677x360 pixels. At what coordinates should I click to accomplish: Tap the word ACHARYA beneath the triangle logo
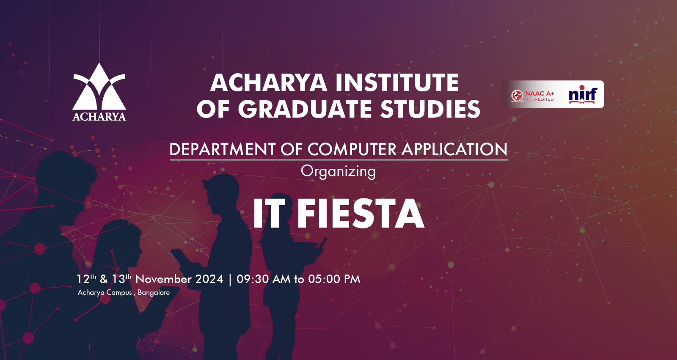99,117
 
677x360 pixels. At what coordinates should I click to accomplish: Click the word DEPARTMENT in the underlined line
223,149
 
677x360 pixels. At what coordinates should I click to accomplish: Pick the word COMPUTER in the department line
352,149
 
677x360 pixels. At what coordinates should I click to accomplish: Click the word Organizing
338,172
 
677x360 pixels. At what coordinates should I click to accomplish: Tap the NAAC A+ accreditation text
539,96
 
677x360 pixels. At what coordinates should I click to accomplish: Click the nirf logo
583,95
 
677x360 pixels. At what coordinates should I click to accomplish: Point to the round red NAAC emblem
517,96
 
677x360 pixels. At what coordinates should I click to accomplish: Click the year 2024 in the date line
209,279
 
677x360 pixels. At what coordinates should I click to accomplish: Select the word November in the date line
163,279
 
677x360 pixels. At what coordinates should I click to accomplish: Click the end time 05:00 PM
334,279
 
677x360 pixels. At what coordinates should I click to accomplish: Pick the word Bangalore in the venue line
154,293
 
